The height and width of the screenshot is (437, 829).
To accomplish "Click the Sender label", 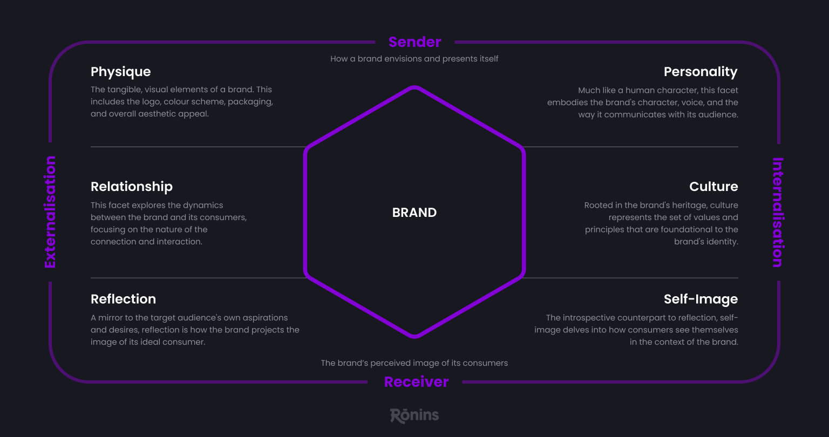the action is point(414,42).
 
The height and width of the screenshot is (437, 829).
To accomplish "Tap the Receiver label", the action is point(416,382).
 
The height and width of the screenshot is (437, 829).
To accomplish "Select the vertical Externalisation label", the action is point(50,212).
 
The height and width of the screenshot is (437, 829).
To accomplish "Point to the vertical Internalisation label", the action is point(778,212).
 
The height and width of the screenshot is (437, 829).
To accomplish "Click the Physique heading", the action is point(120,72).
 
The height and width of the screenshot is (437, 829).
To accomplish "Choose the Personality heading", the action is point(701,72).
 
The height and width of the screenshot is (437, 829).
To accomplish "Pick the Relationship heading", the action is point(132,187).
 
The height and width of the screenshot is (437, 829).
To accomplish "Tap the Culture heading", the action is point(714,187).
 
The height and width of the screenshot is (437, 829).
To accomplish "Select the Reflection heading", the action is point(123,299).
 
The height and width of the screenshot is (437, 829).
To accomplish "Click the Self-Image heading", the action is point(701,299).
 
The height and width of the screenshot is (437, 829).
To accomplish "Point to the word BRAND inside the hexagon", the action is point(414,213).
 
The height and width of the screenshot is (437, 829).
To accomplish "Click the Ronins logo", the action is point(414,415).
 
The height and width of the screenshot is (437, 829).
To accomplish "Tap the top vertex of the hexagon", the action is point(414,87).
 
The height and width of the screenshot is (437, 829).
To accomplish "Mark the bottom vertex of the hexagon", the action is point(414,337).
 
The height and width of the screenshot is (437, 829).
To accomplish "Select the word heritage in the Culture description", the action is point(686,205).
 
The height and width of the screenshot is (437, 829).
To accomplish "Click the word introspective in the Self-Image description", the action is point(590,317).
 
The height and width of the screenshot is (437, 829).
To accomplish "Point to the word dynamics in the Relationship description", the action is point(203,205).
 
